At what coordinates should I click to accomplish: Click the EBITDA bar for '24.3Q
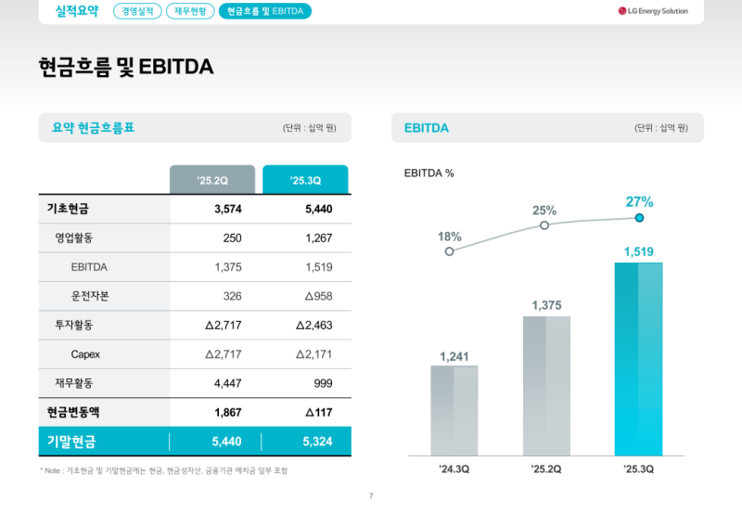click(454, 410)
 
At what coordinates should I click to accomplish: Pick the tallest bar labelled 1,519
click(638, 359)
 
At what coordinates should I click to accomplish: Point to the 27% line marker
click(639, 219)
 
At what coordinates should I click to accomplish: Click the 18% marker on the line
click(450, 251)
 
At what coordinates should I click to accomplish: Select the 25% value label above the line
click(544, 211)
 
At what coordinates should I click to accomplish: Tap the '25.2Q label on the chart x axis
click(546, 469)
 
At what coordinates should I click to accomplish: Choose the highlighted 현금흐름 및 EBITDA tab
click(265, 11)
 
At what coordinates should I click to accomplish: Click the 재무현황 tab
click(190, 11)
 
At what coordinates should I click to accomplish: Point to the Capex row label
click(85, 354)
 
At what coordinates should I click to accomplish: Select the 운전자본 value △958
click(313, 296)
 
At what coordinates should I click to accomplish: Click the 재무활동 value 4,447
click(227, 383)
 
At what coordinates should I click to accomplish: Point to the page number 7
click(371, 496)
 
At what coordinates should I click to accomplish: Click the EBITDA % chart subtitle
click(429, 173)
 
